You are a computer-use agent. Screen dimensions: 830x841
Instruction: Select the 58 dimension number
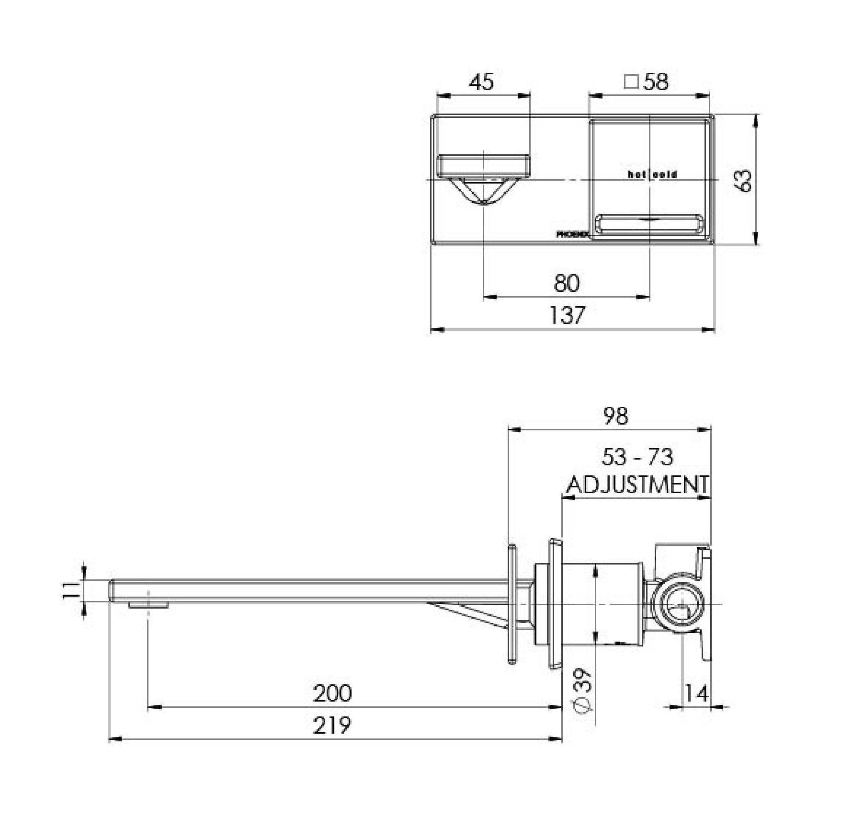pos(656,82)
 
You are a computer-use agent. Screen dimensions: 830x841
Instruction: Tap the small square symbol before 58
pos(631,82)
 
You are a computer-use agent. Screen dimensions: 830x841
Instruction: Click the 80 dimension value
pos(567,283)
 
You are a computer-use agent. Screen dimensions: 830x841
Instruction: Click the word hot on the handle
pos(637,175)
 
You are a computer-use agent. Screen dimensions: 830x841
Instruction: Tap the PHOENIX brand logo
pos(572,235)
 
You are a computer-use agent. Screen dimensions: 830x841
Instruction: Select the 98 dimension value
pos(616,416)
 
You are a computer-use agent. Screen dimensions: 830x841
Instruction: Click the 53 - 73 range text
pos(637,457)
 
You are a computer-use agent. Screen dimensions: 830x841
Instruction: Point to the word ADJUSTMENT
pos(637,485)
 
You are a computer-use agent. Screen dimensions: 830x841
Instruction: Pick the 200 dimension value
pos(332,693)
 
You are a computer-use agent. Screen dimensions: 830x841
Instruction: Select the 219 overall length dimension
pos(332,726)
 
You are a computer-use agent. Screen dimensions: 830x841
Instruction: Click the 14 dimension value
pos(696,693)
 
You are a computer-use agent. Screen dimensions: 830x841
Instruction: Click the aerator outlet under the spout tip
pos(148,605)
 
